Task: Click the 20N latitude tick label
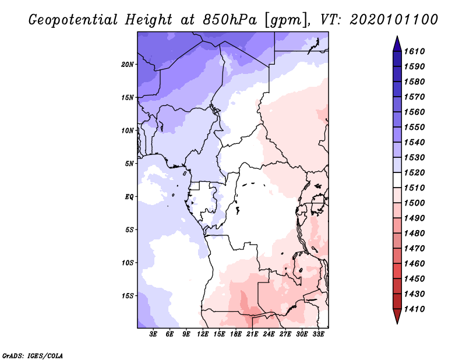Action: (x=128, y=64)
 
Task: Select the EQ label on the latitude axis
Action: (x=130, y=196)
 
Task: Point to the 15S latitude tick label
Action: (x=128, y=295)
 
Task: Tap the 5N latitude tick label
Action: (x=129, y=163)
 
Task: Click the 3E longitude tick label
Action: (x=154, y=334)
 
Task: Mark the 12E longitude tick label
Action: (x=203, y=334)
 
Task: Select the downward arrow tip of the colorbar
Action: (x=396, y=322)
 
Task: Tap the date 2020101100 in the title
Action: (x=394, y=20)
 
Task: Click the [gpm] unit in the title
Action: (x=284, y=20)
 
